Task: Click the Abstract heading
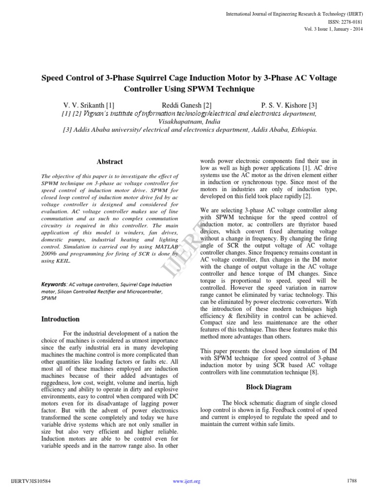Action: coord(110,161)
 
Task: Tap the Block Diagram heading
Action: coord(268,387)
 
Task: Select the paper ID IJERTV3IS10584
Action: coord(30,481)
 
